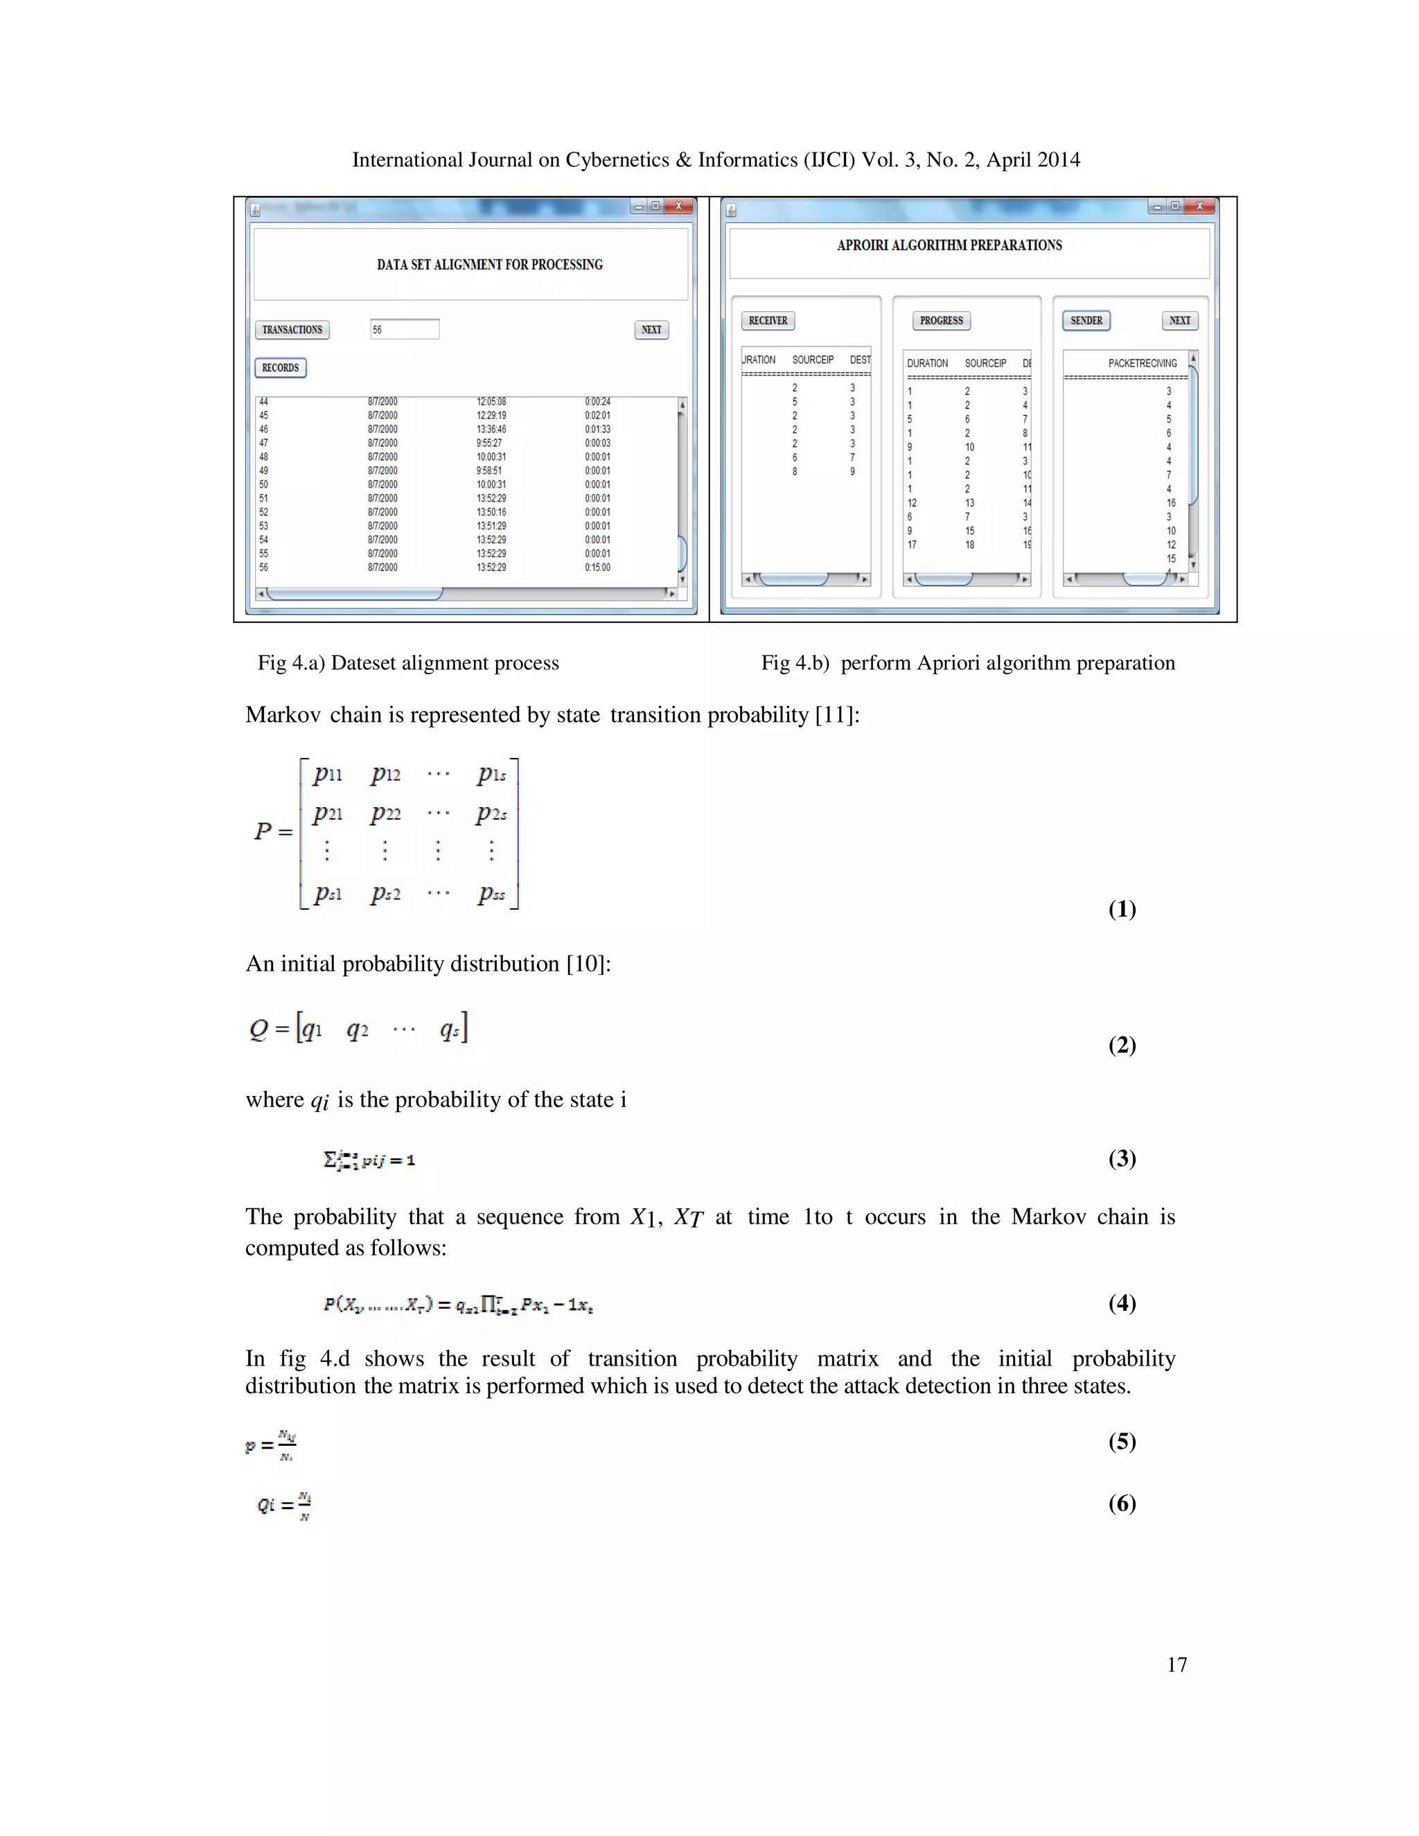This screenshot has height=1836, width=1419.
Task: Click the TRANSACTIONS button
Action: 292,330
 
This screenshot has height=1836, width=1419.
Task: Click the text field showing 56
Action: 405,330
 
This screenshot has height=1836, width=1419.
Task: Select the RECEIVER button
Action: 768,320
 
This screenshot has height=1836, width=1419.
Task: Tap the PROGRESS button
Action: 941,320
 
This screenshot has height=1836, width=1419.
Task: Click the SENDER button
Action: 1086,320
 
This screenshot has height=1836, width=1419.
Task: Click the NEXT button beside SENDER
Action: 1179,320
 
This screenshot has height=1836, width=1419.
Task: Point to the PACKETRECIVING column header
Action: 1142,363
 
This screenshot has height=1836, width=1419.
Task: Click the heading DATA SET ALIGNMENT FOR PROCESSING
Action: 489,265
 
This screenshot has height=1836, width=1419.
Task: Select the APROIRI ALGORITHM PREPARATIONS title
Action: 949,245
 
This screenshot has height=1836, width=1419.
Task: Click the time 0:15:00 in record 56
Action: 598,567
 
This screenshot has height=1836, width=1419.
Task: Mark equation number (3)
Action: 1122,1158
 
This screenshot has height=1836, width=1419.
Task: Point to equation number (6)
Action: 1122,1503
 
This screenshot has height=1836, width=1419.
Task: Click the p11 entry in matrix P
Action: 328,775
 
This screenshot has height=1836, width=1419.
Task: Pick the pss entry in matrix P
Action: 492,894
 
